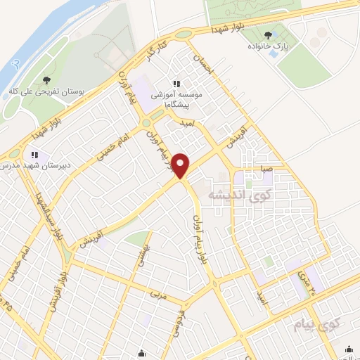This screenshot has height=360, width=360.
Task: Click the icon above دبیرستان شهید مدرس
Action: [x=33, y=155]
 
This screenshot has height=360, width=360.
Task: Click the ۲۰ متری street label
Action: [x=310, y=281]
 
